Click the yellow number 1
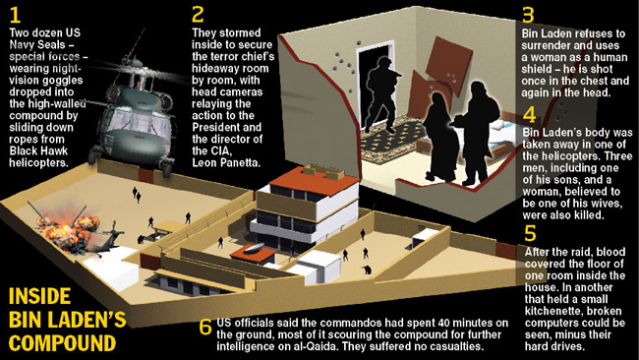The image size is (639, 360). tap(15, 15)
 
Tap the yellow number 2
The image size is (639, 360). tap(198, 15)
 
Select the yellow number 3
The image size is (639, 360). tap(528, 15)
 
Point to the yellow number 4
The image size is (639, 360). tap(529, 115)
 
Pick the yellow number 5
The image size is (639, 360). tap(530, 234)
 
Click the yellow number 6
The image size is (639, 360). tap(205, 327)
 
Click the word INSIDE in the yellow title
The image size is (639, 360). tap(39, 296)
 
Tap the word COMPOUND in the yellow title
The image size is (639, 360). tap(62, 343)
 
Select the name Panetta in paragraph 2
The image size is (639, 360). tap(240, 162)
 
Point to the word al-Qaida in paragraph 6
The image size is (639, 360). tap(318, 346)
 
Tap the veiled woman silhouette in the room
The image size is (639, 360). tap(440, 138)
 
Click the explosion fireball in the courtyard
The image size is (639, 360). tap(69, 231)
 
